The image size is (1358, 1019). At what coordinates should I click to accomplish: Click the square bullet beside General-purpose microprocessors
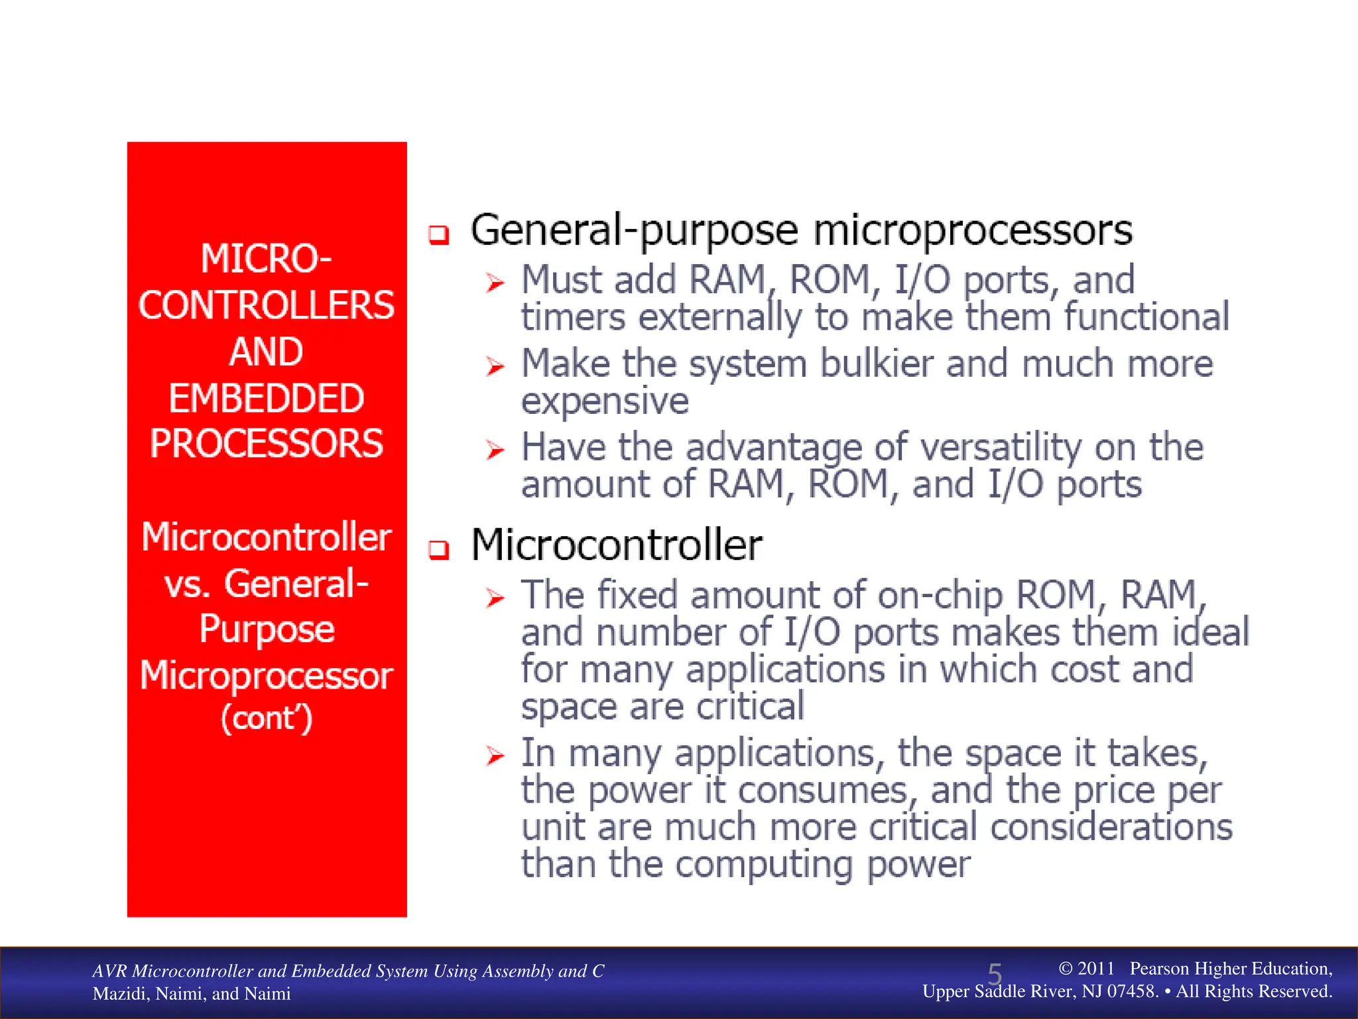(x=438, y=234)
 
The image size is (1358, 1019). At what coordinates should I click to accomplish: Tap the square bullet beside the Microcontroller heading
(x=438, y=549)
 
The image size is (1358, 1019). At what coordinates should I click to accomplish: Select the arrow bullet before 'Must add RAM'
(x=495, y=283)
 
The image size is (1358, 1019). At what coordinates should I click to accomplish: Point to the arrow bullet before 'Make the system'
(x=495, y=366)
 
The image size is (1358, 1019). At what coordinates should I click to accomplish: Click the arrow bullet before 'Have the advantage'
(x=495, y=450)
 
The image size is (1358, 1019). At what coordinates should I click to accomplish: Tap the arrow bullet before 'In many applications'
(x=495, y=756)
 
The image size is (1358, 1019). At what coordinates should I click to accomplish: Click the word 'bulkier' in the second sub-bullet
(x=877, y=364)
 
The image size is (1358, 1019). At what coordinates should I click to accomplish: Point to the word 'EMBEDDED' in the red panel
(x=267, y=398)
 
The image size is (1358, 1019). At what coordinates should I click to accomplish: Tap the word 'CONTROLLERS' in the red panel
(x=267, y=305)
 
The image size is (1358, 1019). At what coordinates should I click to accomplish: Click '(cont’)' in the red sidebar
(x=267, y=718)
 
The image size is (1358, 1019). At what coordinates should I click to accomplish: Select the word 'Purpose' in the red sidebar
(x=267, y=629)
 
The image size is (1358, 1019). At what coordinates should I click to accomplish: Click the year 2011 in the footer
(x=1095, y=969)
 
